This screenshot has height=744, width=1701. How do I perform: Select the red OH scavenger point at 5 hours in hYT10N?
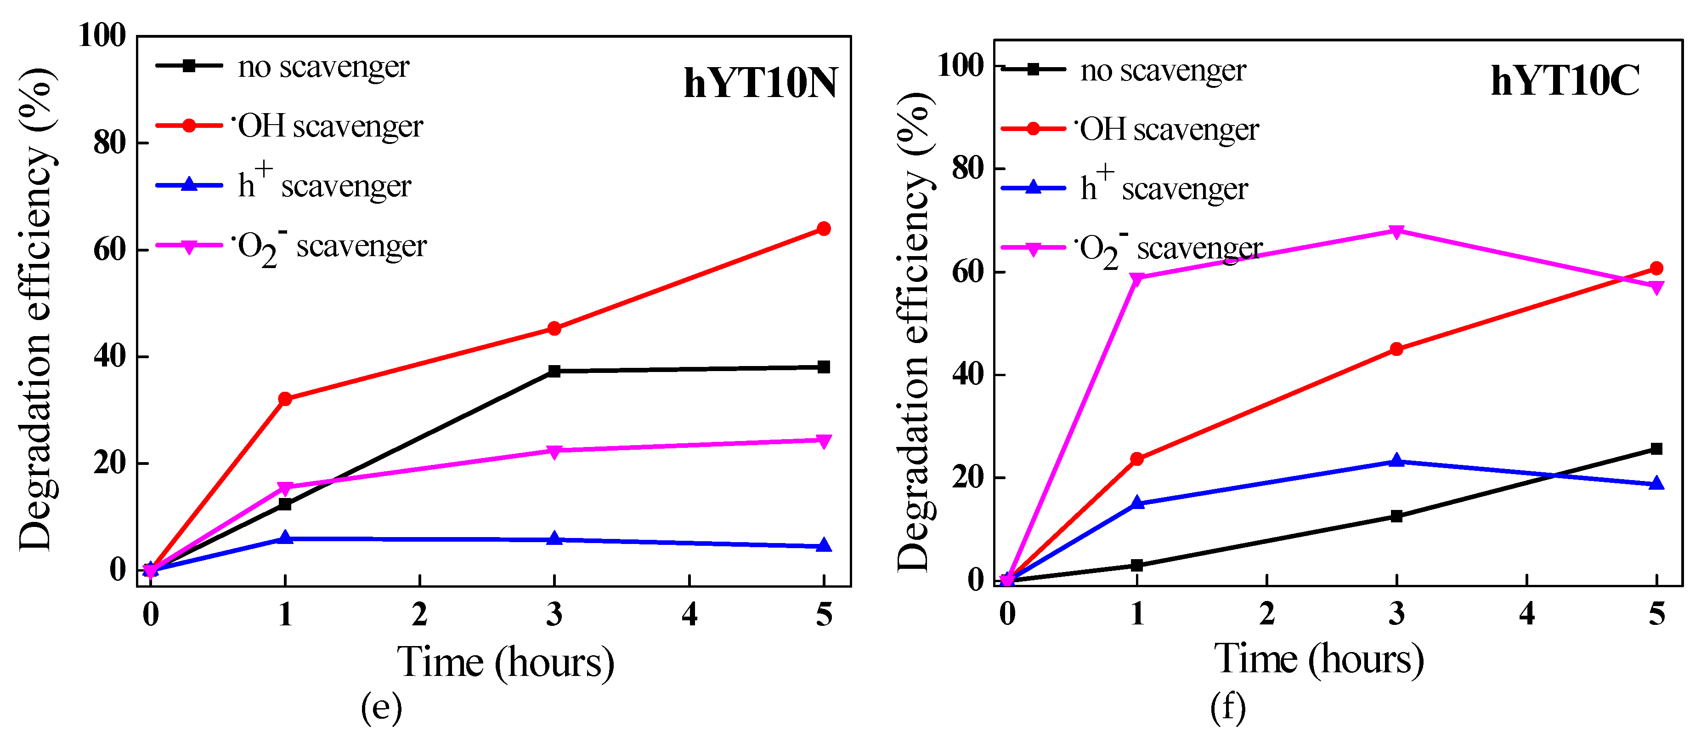824,229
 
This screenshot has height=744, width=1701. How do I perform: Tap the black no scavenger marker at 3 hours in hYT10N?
554,372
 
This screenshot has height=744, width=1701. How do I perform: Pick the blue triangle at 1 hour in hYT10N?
285,538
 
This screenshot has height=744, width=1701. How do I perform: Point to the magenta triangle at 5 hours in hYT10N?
824,441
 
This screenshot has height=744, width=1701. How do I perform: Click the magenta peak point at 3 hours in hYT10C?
1396,232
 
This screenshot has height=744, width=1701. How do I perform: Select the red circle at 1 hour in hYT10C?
1136,458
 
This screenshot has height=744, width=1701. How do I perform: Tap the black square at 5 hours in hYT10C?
1656,449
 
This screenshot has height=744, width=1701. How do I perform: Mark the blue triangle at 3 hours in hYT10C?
1396,461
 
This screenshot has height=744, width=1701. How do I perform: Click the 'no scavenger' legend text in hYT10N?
323,67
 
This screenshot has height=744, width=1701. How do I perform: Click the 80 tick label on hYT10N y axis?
110,143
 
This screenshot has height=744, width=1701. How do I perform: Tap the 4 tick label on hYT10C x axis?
1526,614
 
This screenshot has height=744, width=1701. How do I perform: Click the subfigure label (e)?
381,708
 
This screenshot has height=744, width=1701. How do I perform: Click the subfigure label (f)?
1227,708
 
